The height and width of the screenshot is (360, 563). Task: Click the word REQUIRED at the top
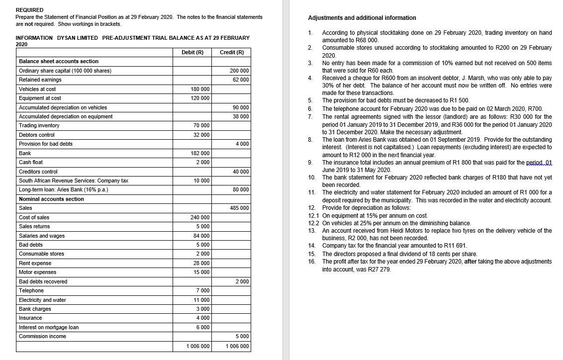tap(29, 10)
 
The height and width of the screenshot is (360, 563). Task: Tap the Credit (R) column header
tap(232, 52)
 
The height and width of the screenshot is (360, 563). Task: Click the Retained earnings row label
tap(40, 80)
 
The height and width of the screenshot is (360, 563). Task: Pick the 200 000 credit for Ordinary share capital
tap(239, 71)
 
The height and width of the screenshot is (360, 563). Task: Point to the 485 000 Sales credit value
tap(239, 208)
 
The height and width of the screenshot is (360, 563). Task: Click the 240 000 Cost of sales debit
tap(200, 217)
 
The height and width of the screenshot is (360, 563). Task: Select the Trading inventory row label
tap(39, 125)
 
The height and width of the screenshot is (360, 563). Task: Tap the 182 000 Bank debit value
tap(200, 153)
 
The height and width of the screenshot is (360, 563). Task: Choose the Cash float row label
tap(31, 162)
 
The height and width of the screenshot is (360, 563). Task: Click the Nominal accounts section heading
tap(51, 199)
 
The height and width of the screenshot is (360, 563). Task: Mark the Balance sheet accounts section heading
tap(59, 61)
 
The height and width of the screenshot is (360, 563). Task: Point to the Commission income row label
tap(42, 336)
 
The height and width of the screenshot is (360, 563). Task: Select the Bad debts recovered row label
tap(43, 281)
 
